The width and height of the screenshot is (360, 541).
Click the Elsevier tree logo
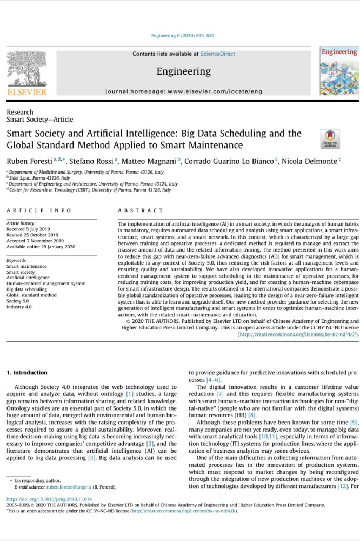pyautogui.click(x=26, y=70)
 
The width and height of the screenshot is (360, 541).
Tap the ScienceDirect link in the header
pyautogui.click(x=217, y=54)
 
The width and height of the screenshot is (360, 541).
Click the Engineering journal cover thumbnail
pyautogui.click(x=339, y=72)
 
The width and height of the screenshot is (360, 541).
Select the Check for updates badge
pyautogui.click(x=330, y=139)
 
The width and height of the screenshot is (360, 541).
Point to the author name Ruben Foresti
pyautogui.click(x=28, y=161)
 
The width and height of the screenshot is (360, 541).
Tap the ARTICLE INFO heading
pyautogui.click(x=39, y=210)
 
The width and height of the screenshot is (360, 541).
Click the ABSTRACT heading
pyautogui.click(x=141, y=210)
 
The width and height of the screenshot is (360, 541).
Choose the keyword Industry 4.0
pyautogui.click(x=19, y=307)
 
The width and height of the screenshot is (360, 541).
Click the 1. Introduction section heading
pyautogui.click(x=27, y=373)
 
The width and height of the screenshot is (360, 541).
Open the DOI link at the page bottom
pyautogui.click(x=49, y=499)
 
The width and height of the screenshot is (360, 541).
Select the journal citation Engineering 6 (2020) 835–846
pyautogui.click(x=183, y=36)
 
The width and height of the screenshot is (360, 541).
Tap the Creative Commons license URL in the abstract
pyautogui.click(x=297, y=334)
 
